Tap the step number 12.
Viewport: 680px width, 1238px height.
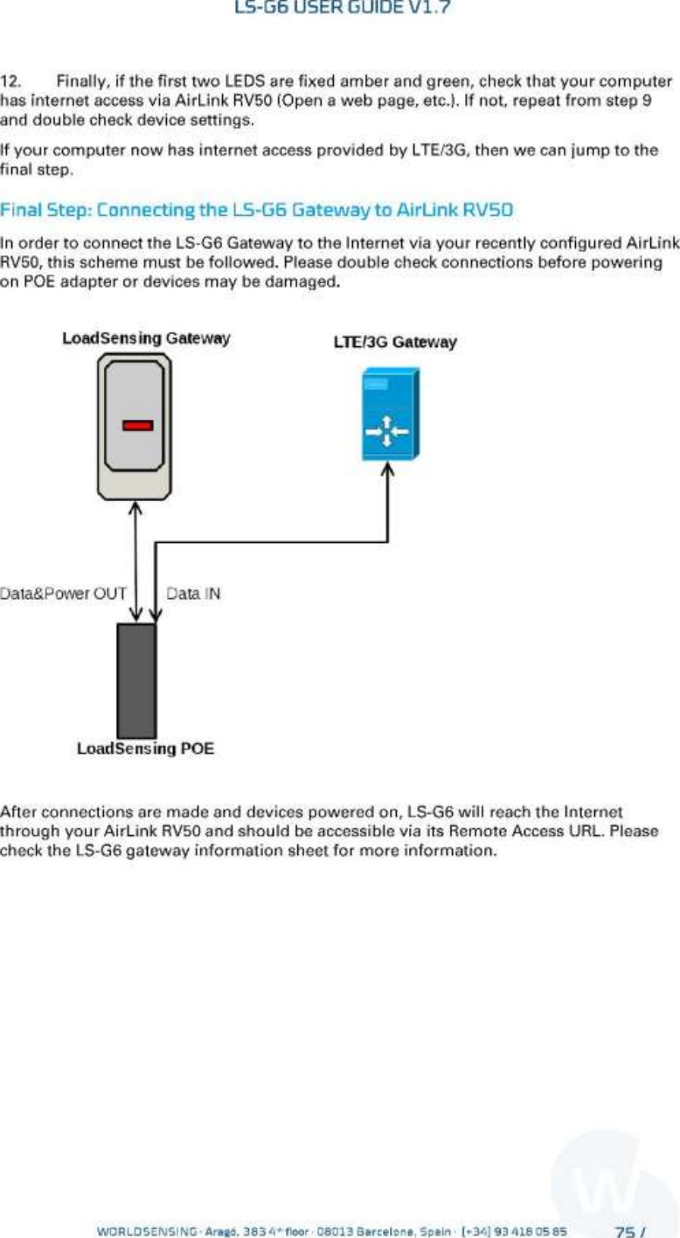coord(11,81)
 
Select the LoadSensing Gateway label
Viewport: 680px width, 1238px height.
coord(146,337)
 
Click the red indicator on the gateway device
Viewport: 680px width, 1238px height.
coord(137,426)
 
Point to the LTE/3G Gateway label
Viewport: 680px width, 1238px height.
coord(394,342)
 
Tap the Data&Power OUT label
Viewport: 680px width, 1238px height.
coord(65,594)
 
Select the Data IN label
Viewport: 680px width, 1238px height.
coord(192,594)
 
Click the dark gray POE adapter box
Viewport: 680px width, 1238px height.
coord(136,680)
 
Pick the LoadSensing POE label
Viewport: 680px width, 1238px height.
coord(145,748)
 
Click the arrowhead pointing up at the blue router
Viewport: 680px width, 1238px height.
coord(389,471)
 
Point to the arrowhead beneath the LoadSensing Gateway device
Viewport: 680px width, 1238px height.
coord(136,509)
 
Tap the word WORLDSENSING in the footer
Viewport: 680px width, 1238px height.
coord(135,1231)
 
